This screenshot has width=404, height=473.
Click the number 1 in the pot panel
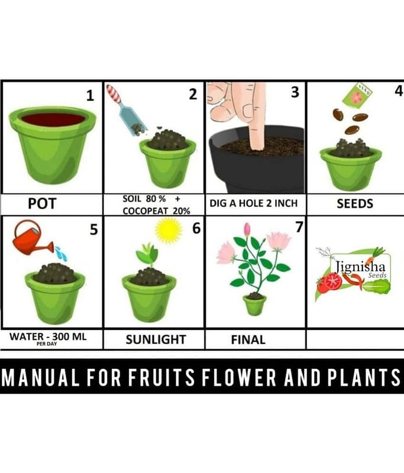coord(90,96)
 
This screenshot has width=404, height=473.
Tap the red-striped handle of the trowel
coord(114,94)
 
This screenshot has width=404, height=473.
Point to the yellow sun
coord(169,231)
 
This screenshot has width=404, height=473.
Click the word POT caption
coord(42,203)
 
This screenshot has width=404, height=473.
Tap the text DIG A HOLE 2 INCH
coord(253,203)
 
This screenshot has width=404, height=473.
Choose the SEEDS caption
coord(355,203)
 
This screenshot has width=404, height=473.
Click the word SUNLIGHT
coord(156,339)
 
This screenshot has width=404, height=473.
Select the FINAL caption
coord(248,340)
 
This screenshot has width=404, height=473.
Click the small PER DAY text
coord(47,344)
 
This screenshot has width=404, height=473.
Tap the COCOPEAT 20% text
coord(156,211)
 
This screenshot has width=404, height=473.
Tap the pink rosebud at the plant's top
coord(247,229)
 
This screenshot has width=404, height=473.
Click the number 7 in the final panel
coord(299,227)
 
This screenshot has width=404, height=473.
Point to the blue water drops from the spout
coord(62,254)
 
